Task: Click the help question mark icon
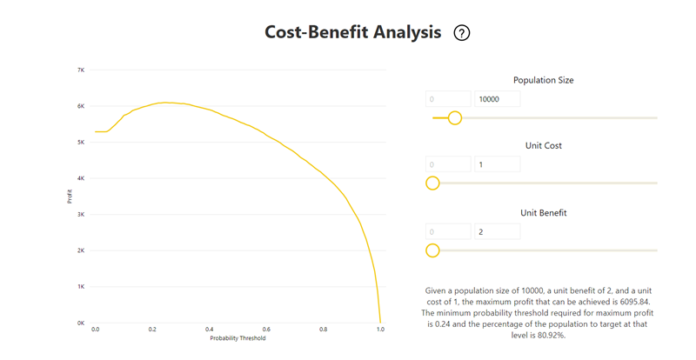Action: click(x=462, y=33)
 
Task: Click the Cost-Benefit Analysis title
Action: click(x=352, y=32)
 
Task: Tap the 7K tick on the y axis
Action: click(x=80, y=70)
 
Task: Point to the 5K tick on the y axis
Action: click(x=80, y=142)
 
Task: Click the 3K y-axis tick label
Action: click(x=80, y=214)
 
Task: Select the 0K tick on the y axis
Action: click(x=80, y=323)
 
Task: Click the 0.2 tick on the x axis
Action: click(x=152, y=330)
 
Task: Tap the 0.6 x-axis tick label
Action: click(x=266, y=330)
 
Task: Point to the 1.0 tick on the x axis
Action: click(x=380, y=330)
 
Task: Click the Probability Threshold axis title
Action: click(x=237, y=338)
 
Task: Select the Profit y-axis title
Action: click(x=70, y=197)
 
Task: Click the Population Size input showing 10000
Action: click(x=497, y=99)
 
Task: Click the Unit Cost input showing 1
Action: click(x=497, y=163)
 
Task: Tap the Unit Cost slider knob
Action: click(x=432, y=183)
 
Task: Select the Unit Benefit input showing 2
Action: click(x=497, y=231)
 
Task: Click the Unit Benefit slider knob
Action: click(x=432, y=250)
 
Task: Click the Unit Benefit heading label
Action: click(x=543, y=212)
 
